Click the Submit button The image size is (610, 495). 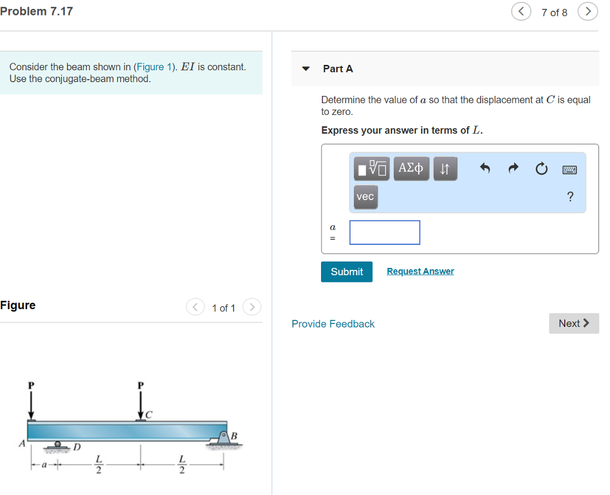347,272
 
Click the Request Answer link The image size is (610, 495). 420,271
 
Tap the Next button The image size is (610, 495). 574,323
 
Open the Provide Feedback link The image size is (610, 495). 333,324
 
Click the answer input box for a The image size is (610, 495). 385,232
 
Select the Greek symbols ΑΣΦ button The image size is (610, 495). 411,169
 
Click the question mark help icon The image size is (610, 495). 570,197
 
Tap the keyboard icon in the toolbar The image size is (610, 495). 569,170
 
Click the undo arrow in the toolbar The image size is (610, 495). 485,169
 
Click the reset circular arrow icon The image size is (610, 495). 541,169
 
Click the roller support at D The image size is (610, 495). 58,445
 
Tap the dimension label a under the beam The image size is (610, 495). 43,466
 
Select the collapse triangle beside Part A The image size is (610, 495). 306,69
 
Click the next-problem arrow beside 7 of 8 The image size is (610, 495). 587,12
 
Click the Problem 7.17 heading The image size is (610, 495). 37,11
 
